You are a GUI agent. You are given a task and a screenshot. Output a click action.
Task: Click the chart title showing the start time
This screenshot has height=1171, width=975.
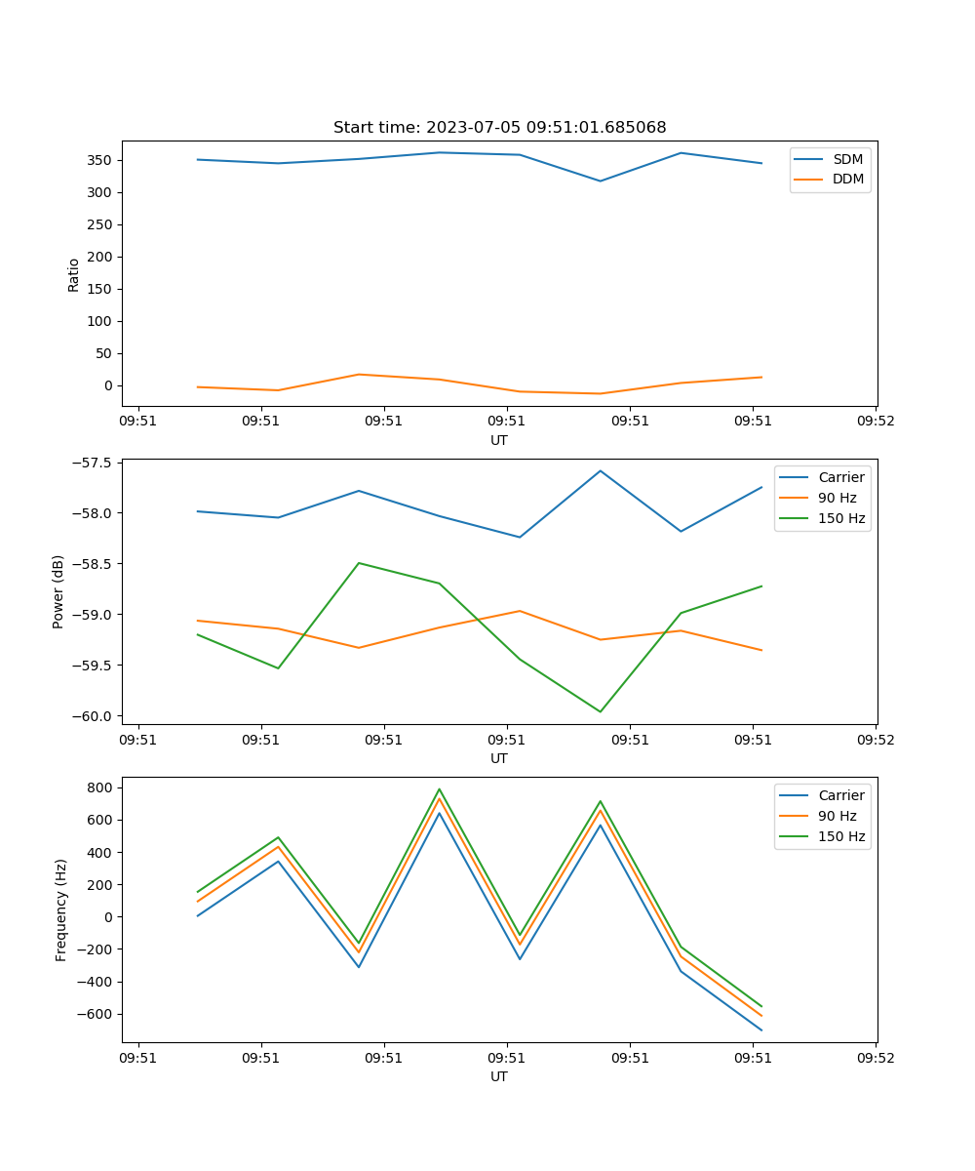click(499, 128)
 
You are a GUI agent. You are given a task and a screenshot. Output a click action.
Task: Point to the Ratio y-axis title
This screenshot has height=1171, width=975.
click(74, 274)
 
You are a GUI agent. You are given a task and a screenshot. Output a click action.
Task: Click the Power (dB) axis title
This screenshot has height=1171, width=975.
click(58, 591)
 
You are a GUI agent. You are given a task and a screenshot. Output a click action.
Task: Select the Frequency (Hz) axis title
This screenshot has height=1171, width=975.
click(61, 909)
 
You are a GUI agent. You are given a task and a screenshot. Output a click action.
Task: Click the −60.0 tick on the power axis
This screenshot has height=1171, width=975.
click(96, 716)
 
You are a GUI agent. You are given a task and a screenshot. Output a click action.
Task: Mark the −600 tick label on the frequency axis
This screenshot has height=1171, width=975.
click(96, 1014)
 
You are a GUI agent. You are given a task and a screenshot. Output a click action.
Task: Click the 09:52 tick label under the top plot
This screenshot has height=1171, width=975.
click(875, 422)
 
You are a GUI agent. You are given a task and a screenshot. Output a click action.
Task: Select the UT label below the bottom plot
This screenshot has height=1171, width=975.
click(499, 1076)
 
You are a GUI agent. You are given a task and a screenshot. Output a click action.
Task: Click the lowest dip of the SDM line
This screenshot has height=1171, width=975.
click(600, 181)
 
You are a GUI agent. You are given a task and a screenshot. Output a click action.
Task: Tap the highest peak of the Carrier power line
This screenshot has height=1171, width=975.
click(600, 470)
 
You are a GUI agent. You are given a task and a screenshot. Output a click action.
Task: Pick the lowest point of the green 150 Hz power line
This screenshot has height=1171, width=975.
click(600, 711)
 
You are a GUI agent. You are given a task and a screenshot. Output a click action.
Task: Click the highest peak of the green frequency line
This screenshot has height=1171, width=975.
click(439, 789)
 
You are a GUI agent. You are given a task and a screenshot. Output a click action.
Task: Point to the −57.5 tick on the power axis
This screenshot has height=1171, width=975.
click(96, 463)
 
